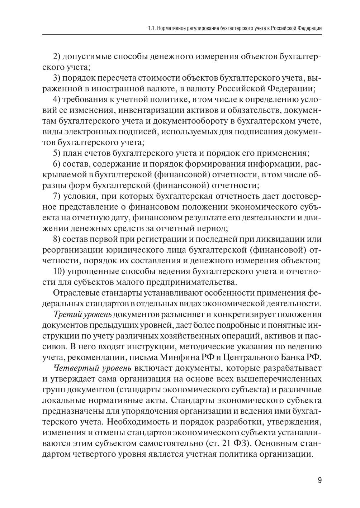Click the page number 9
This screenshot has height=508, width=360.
[319, 481]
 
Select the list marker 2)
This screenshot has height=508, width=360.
[57, 56]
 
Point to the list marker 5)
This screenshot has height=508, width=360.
[57, 153]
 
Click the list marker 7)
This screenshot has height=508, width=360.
[57, 196]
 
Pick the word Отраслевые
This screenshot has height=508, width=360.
[75, 293]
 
